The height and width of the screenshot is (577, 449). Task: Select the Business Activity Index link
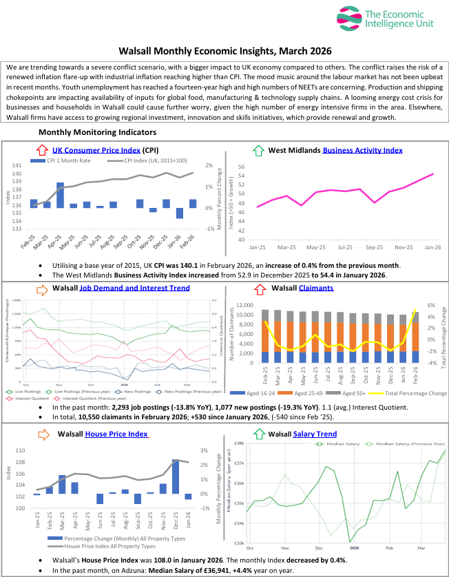[x=362, y=150]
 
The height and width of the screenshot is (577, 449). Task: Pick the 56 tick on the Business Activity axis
[x=242, y=167]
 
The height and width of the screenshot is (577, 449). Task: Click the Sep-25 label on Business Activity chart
[x=373, y=246]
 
